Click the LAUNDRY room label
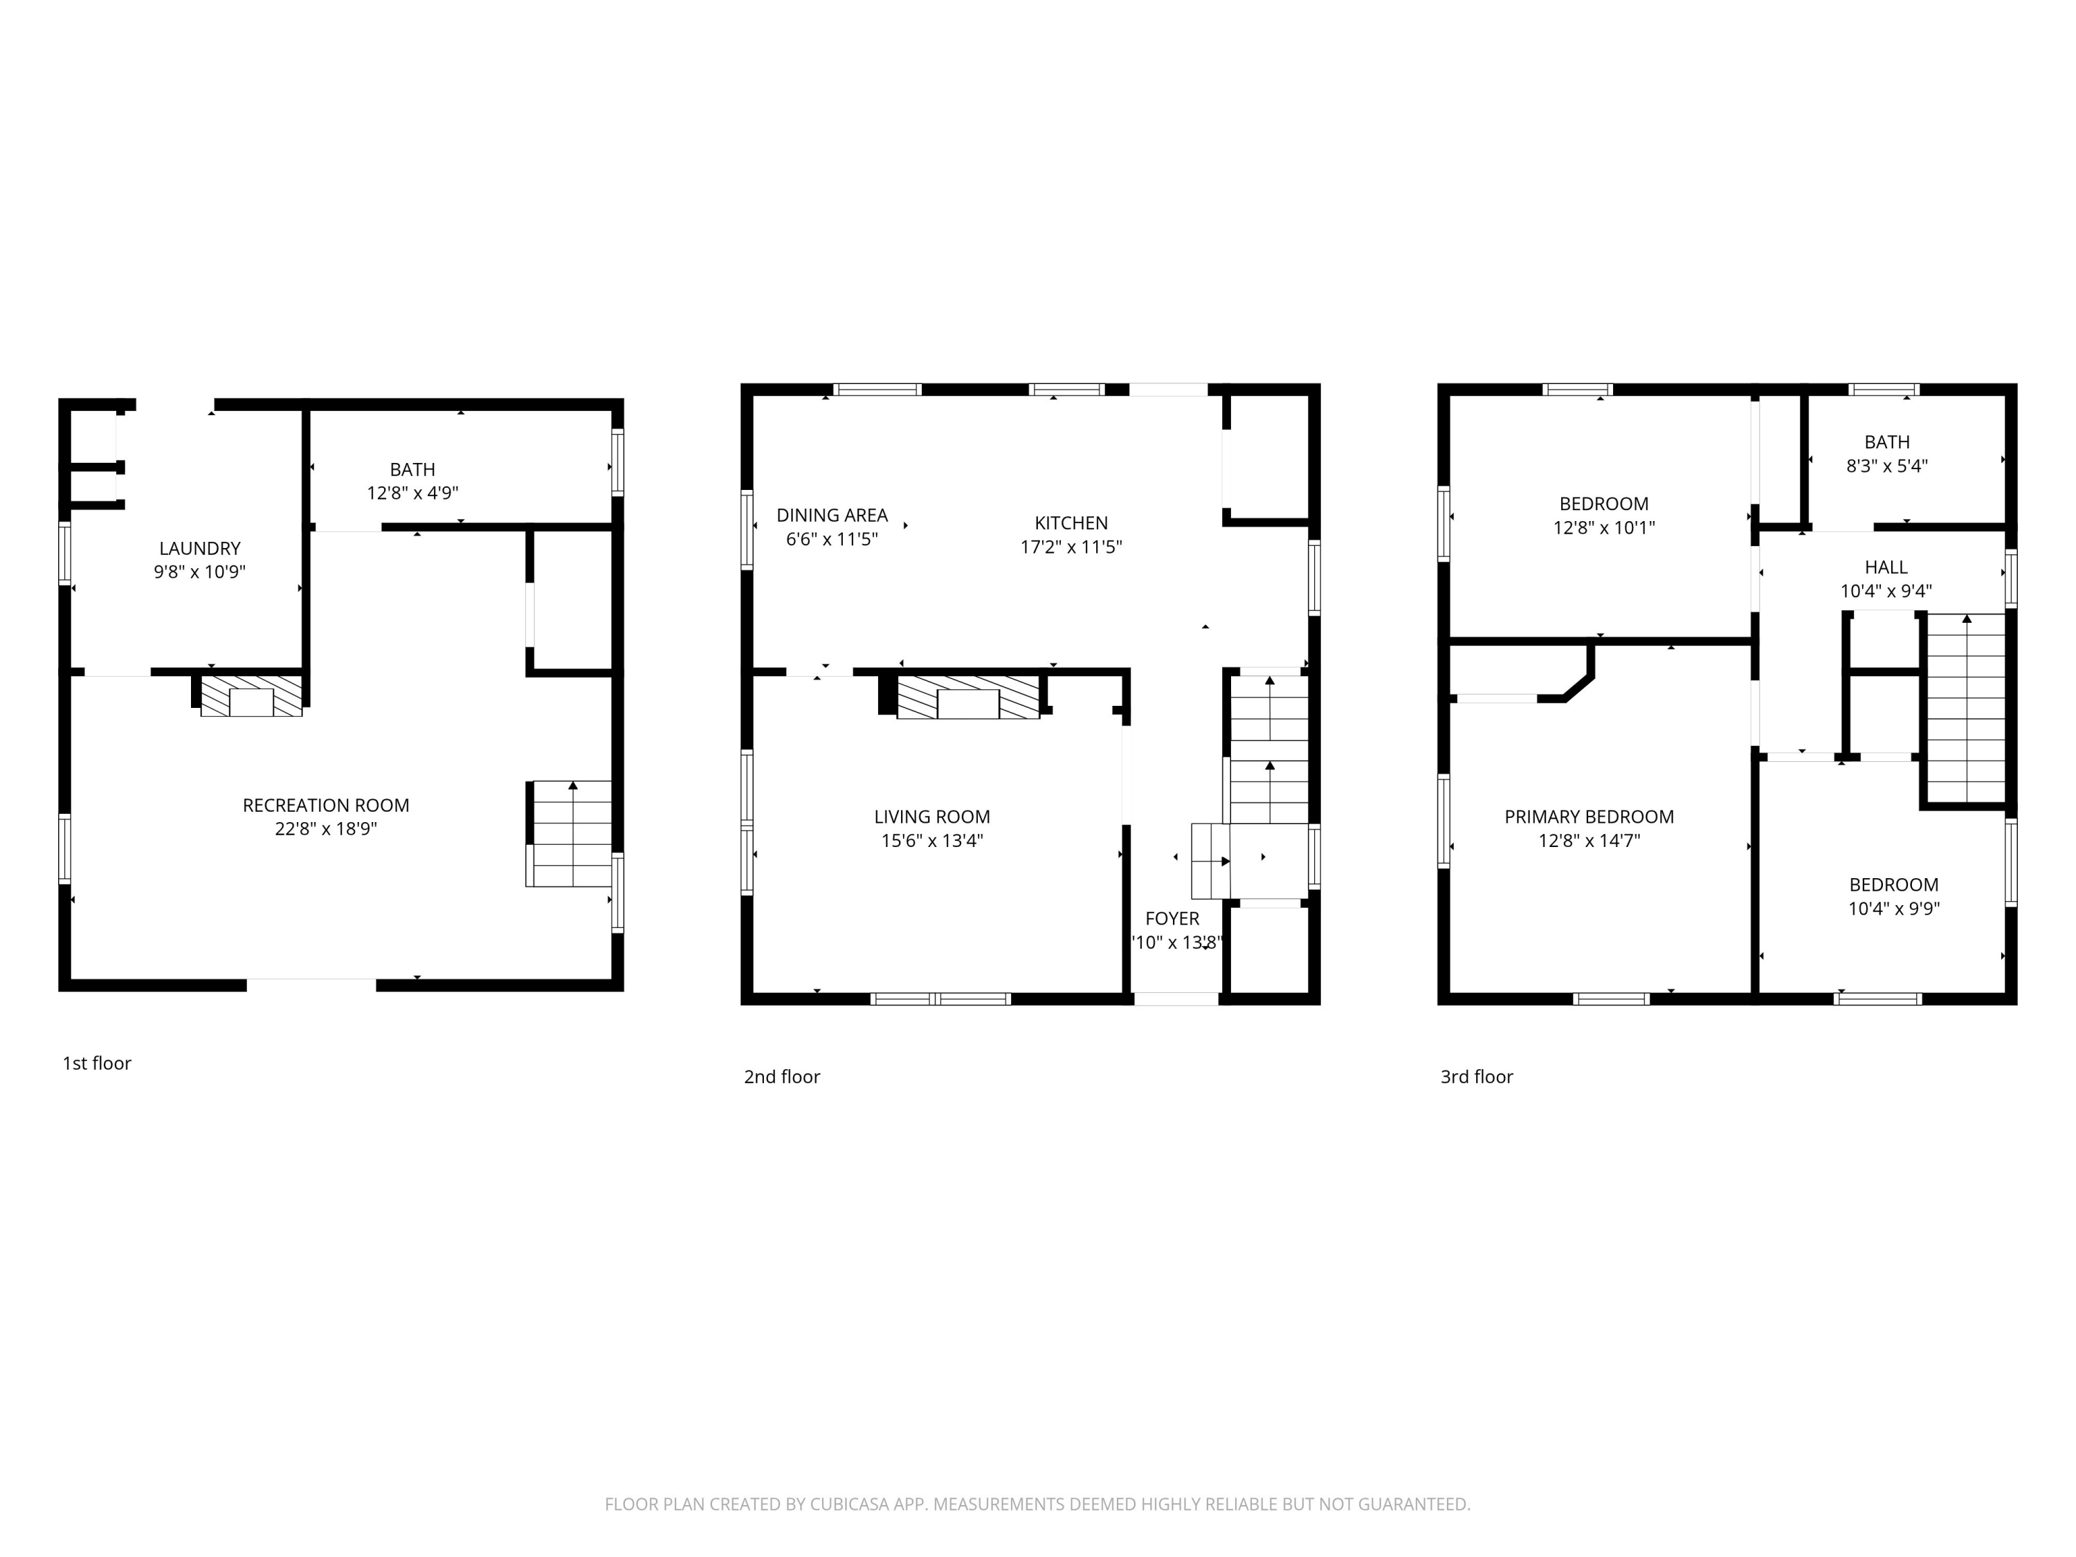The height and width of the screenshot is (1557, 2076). (x=200, y=548)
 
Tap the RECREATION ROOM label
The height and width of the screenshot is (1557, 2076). (x=326, y=805)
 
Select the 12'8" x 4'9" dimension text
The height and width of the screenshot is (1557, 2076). (x=413, y=493)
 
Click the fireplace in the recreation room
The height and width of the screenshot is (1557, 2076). (x=251, y=696)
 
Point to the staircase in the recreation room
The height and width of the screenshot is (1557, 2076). (x=569, y=833)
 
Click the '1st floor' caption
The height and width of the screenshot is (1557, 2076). (x=97, y=1064)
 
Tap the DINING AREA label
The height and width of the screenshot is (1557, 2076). (x=832, y=516)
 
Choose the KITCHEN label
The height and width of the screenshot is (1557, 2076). (x=1071, y=522)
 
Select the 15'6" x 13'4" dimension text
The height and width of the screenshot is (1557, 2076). (x=932, y=841)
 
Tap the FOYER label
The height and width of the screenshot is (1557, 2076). (x=1172, y=919)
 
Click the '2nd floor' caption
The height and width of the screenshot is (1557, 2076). (x=782, y=1077)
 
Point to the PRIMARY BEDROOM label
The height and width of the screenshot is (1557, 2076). (x=1589, y=817)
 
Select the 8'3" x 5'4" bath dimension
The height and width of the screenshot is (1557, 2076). (x=1887, y=466)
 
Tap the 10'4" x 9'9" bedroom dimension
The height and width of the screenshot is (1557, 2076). (x=1894, y=909)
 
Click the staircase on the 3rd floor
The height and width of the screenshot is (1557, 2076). (x=1966, y=709)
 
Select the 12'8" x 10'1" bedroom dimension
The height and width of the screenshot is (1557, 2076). (x=1604, y=527)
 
